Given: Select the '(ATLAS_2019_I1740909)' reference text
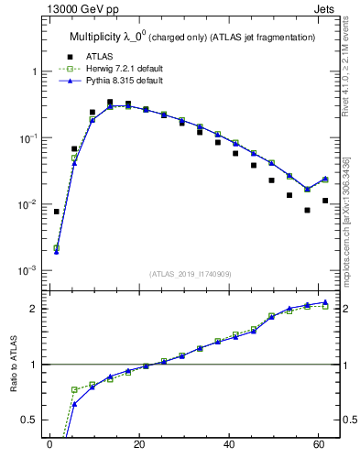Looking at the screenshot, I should point(190,274).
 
